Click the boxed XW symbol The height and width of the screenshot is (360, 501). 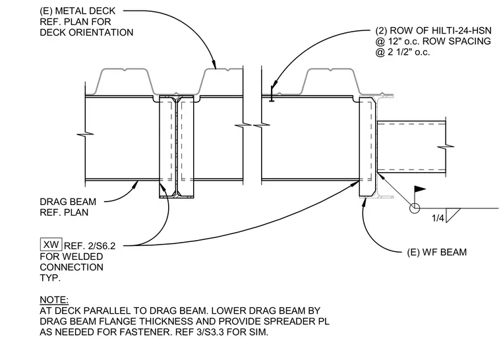(51, 245)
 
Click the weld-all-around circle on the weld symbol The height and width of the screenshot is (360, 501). (415, 208)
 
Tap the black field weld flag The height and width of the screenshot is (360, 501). (420, 189)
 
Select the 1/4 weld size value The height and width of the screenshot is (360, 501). (438, 218)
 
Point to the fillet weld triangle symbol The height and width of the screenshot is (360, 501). (451, 215)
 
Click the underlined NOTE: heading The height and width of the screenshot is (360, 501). (54, 300)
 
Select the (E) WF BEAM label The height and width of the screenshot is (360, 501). (437, 253)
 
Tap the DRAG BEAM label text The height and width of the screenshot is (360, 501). (68, 202)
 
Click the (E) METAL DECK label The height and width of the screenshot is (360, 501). (77, 11)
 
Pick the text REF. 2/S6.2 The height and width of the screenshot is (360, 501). (90, 246)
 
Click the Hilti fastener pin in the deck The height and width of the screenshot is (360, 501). (272, 94)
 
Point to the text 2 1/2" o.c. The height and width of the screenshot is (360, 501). (409, 52)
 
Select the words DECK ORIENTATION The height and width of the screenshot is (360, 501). (86, 32)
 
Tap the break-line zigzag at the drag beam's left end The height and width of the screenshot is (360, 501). (85, 134)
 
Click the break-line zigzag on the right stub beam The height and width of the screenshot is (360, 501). (446, 147)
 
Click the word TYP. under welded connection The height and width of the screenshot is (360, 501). (50, 278)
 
